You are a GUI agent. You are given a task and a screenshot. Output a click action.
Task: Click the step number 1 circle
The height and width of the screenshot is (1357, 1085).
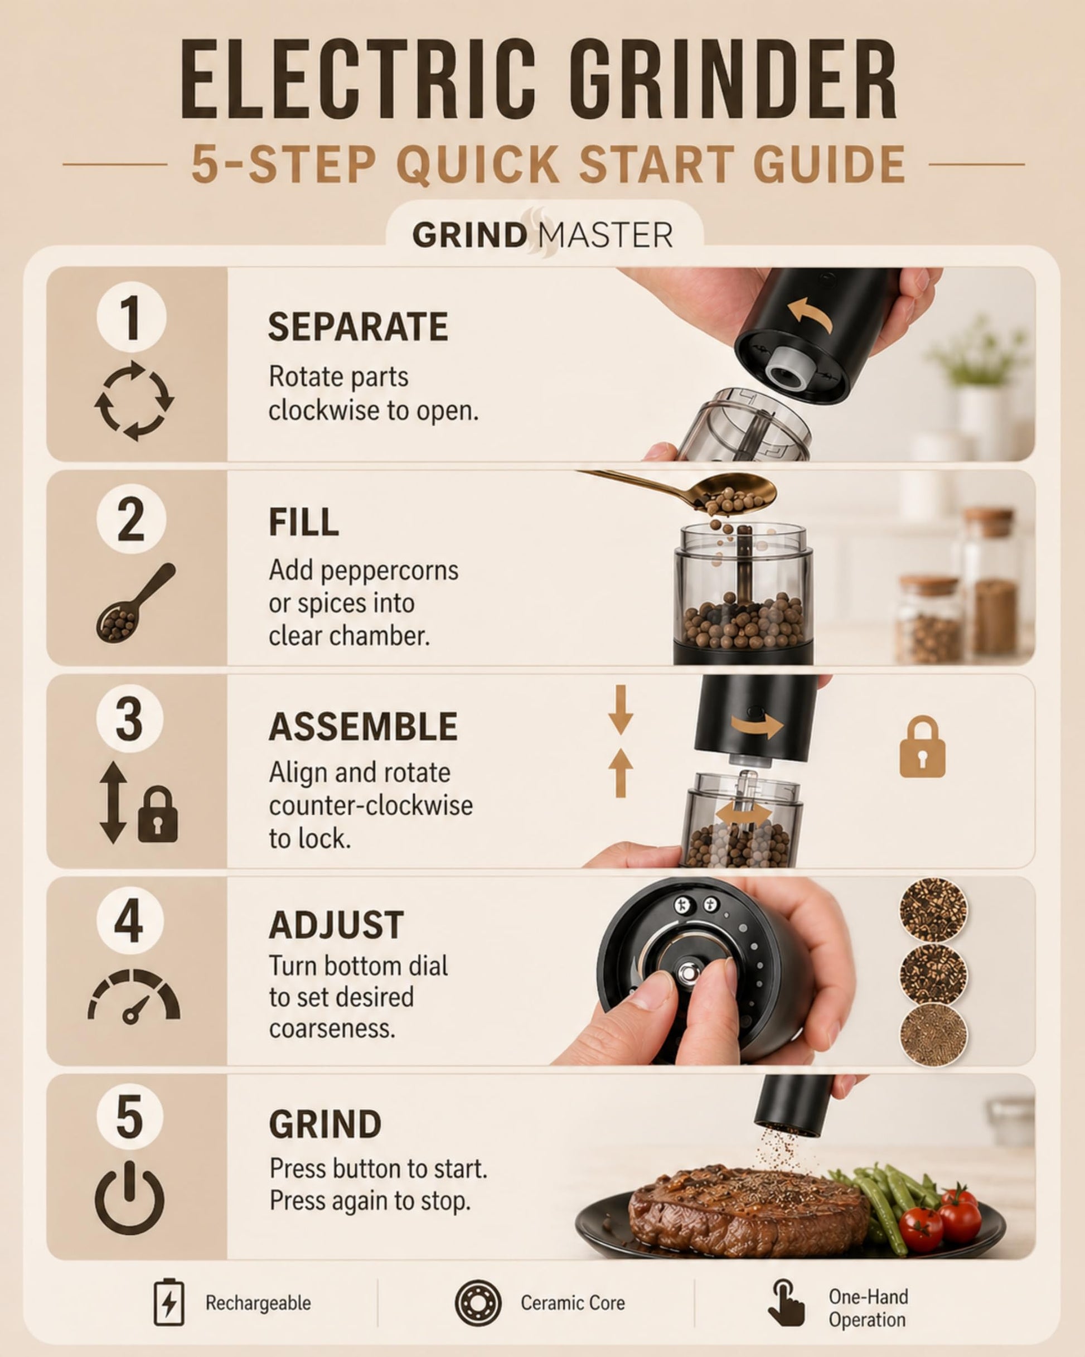pyautogui.click(x=131, y=317)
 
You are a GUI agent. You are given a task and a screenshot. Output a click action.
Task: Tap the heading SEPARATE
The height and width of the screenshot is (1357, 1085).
pyautogui.click(x=358, y=327)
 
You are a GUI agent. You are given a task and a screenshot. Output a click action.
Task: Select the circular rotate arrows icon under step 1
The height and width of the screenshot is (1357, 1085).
pyautogui.click(x=134, y=400)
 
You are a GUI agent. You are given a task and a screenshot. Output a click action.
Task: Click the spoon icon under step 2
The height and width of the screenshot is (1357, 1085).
pyautogui.click(x=136, y=602)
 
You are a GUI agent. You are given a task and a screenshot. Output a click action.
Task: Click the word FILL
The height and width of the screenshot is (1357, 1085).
pyautogui.click(x=304, y=522)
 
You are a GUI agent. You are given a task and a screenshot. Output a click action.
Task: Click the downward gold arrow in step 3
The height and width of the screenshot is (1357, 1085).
pyautogui.click(x=621, y=709)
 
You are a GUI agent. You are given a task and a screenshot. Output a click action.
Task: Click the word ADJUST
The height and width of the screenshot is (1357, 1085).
pyautogui.click(x=336, y=925)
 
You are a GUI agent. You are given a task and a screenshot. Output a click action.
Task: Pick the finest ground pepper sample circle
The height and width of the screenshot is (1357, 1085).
pyautogui.click(x=933, y=1034)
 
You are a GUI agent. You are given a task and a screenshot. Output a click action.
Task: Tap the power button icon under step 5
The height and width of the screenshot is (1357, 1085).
pyautogui.click(x=130, y=1197)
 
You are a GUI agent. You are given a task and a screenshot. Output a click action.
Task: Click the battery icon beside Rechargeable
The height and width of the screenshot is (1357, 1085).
pyautogui.click(x=169, y=1302)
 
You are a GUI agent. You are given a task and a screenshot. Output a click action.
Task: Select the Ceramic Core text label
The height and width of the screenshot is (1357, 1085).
pyautogui.click(x=573, y=1302)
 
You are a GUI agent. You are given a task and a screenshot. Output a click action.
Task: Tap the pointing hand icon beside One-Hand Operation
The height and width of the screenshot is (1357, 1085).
pyautogui.click(x=786, y=1302)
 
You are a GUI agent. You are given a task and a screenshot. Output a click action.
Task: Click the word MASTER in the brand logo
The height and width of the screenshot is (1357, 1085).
pyautogui.click(x=606, y=235)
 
